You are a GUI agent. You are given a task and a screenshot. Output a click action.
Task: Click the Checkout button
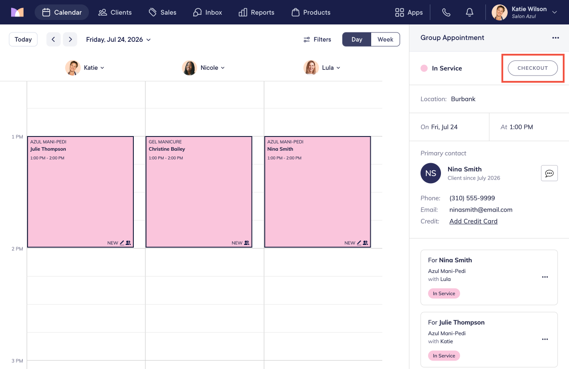pyautogui.click(x=533, y=68)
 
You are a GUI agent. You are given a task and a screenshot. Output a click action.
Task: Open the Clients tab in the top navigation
pyautogui.click(x=115, y=12)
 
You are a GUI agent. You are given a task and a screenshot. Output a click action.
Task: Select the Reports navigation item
pyautogui.click(x=256, y=12)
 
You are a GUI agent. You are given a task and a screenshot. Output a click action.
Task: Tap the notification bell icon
pyautogui.click(x=469, y=12)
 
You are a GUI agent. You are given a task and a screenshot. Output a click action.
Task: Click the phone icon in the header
pyautogui.click(x=446, y=12)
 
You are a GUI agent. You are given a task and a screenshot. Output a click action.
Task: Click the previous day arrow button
pyautogui.click(x=53, y=40)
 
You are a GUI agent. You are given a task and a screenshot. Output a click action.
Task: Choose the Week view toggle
pyautogui.click(x=385, y=40)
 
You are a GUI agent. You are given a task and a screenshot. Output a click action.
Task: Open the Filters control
pyautogui.click(x=317, y=40)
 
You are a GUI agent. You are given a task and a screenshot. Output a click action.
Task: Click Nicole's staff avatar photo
pyautogui.click(x=189, y=68)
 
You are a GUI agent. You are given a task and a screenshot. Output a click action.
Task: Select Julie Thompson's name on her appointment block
pyautogui.click(x=48, y=149)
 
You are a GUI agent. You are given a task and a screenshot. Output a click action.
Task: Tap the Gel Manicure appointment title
pyautogui.click(x=165, y=142)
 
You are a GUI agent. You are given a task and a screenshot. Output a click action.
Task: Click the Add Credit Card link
pyautogui.click(x=473, y=221)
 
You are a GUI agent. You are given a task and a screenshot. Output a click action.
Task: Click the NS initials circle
pyautogui.click(x=431, y=173)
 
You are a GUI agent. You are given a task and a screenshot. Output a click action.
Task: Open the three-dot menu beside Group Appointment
pyautogui.click(x=556, y=38)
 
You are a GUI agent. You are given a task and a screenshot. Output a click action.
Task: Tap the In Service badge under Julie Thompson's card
pyautogui.click(x=444, y=356)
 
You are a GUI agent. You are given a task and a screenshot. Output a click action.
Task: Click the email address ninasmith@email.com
pyautogui.click(x=481, y=210)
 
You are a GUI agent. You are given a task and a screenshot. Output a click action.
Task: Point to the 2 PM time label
pyautogui.click(x=17, y=249)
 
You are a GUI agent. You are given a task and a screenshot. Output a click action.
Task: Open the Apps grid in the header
pyautogui.click(x=409, y=12)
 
